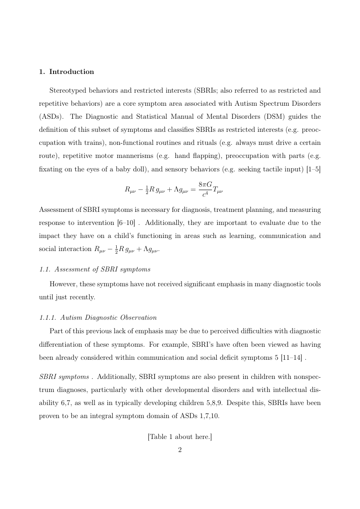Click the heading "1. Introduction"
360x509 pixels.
coord(67,72)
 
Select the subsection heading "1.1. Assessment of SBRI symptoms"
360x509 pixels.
coord(95,269)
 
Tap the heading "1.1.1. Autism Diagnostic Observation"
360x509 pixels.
coord(98,318)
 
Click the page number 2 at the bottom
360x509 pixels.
coord(180,450)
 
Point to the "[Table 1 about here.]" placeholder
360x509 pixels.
coord(180,437)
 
